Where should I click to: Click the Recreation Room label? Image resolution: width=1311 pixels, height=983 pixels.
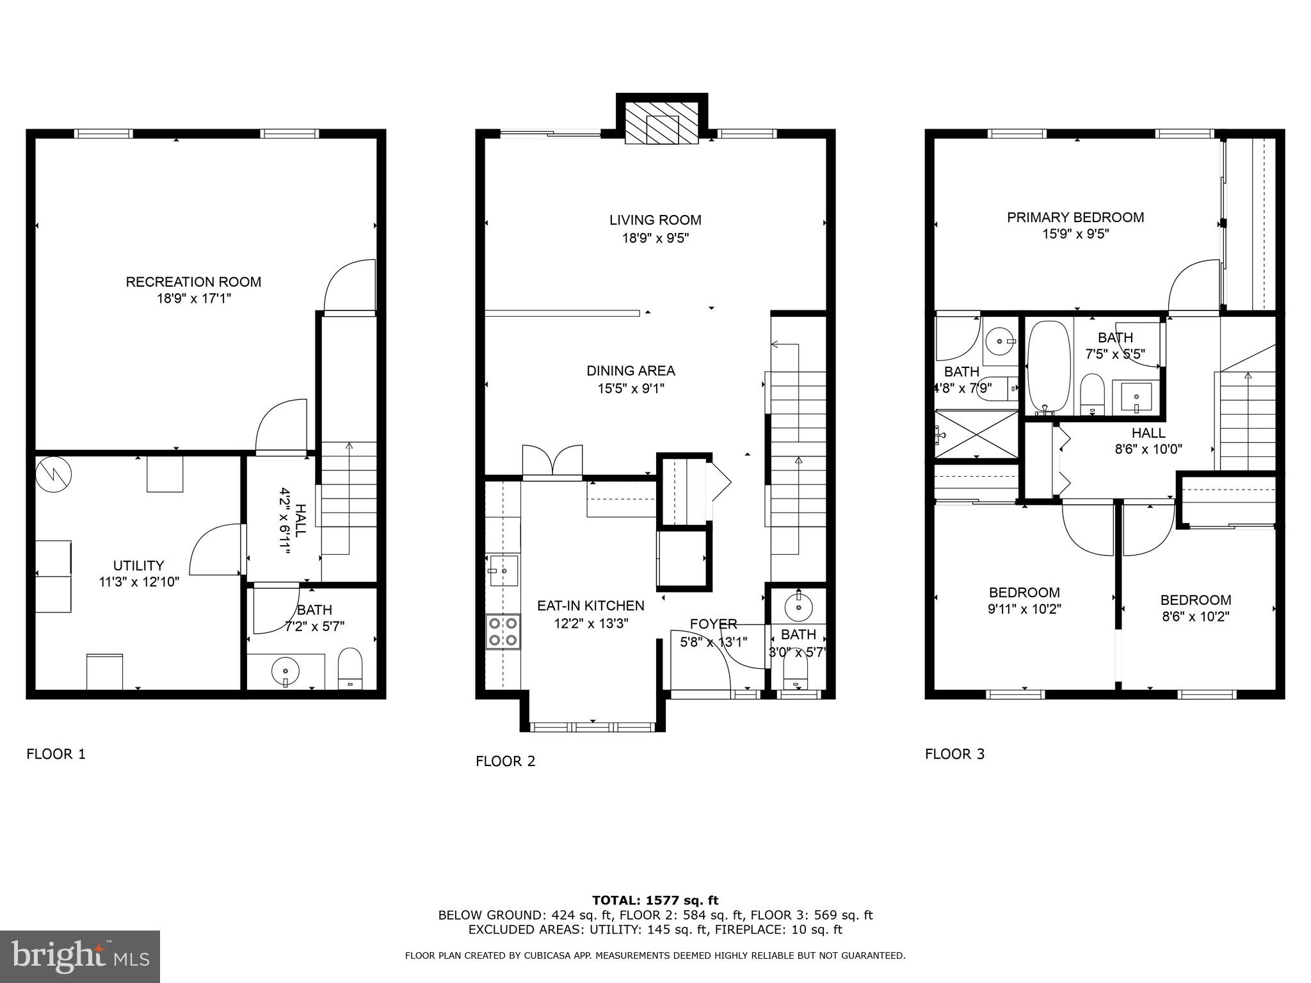[x=193, y=282]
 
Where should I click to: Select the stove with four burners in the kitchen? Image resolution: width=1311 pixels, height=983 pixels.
[x=503, y=631]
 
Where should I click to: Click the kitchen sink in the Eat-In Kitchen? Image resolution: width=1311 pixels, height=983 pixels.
[x=504, y=570]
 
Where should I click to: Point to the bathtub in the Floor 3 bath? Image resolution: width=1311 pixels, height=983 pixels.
[x=1049, y=367]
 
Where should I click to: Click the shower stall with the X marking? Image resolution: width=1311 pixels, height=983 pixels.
[x=976, y=435]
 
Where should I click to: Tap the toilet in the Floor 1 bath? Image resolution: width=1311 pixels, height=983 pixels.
[x=350, y=668]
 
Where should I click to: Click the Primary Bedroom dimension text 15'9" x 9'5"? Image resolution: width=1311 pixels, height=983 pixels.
[x=1075, y=234]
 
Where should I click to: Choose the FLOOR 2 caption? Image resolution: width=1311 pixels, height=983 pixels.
[x=505, y=761]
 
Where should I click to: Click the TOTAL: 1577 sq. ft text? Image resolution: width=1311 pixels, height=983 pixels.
[x=655, y=900]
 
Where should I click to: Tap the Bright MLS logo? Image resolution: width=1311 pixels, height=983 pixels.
[x=80, y=956]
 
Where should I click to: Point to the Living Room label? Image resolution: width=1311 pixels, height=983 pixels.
[x=655, y=220]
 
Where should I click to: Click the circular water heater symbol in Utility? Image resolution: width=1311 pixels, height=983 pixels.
[x=54, y=474]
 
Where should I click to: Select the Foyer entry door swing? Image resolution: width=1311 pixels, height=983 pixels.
[x=709, y=659]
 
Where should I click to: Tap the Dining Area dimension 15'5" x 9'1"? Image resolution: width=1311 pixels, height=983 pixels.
[x=631, y=388]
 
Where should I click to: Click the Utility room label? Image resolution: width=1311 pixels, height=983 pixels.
[x=138, y=566]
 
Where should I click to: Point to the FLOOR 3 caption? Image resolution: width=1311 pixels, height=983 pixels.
[x=954, y=754]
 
